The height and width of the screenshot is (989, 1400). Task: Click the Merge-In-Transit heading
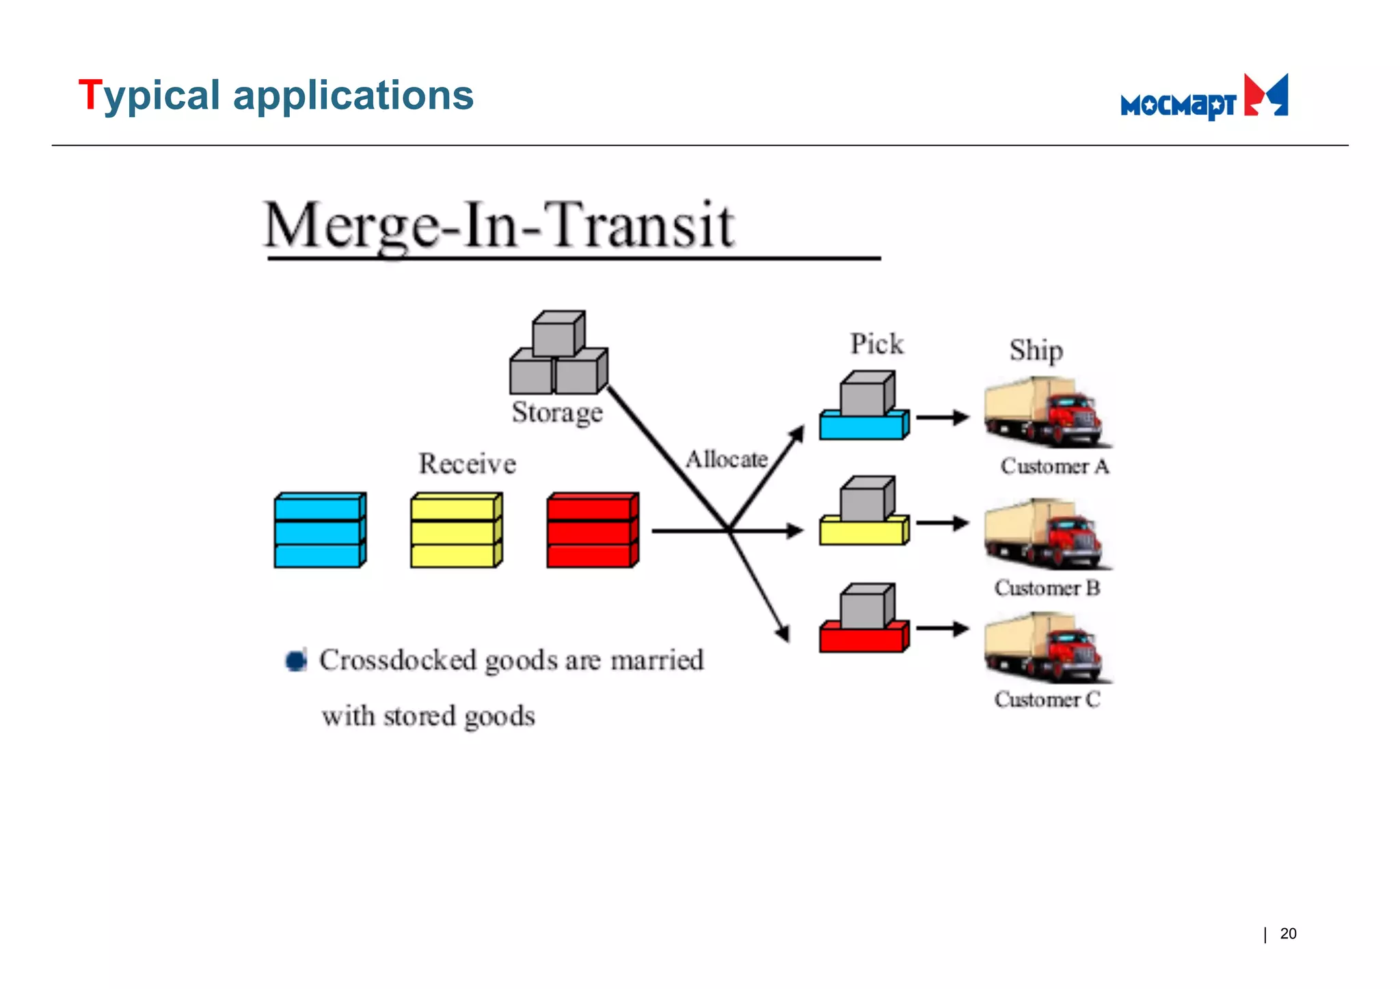pyautogui.click(x=499, y=226)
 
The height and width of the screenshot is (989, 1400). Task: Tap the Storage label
pyautogui.click(x=557, y=412)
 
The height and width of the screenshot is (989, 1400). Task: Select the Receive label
pyautogui.click(x=467, y=463)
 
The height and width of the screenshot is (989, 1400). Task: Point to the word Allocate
pyautogui.click(x=727, y=459)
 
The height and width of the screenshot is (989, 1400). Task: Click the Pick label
pyautogui.click(x=876, y=344)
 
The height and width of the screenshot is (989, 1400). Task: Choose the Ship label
pyautogui.click(x=1036, y=351)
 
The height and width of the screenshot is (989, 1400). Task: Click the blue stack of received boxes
pyautogui.click(x=320, y=530)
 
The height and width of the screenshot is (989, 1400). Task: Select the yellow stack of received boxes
pyautogui.click(x=456, y=530)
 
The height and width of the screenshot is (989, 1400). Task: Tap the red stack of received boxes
pyautogui.click(x=593, y=530)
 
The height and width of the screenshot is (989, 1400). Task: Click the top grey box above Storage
pyautogui.click(x=558, y=334)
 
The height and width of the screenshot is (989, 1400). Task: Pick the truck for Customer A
pyautogui.click(x=1046, y=411)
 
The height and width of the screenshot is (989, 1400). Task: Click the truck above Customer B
pyautogui.click(x=1046, y=534)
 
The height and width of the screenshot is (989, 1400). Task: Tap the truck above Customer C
pyautogui.click(x=1046, y=647)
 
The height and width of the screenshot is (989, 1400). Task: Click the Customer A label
pyautogui.click(x=1054, y=466)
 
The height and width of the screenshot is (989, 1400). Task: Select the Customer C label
pyautogui.click(x=1047, y=699)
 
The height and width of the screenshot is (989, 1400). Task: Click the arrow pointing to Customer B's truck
pyautogui.click(x=942, y=524)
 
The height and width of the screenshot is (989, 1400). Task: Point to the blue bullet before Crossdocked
pyautogui.click(x=296, y=660)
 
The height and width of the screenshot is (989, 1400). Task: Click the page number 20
pyautogui.click(x=1288, y=934)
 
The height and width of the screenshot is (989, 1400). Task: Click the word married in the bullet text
pyautogui.click(x=656, y=660)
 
